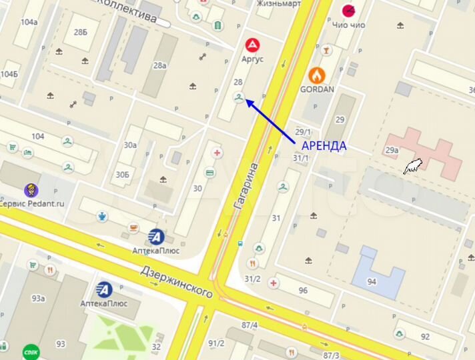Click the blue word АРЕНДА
[x=324, y=146]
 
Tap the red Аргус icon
[x=253, y=45]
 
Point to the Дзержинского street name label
[x=176, y=281]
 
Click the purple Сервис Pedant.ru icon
[x=31, y=191]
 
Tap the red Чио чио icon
[x=349, y=10]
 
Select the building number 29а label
[x=392, y=150]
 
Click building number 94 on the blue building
[x=372, y=281]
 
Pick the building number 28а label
[x=159, y=65]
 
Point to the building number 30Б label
[x=122, y=175]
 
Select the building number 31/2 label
[x=252, y=279]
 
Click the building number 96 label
[x=303, y=290]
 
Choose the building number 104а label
[x=29, y=22]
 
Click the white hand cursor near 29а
[x=414, y=166]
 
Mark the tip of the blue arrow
[x=246, y=100]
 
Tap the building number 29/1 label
[x=303, y=132]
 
